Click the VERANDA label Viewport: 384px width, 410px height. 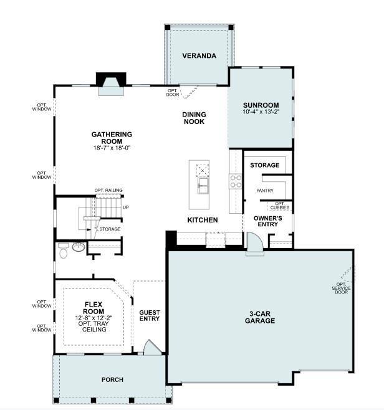(x=199, y=55)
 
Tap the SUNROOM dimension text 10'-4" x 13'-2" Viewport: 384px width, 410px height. (x=261, y=112)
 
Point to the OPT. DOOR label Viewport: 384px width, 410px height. (x=173, y=93)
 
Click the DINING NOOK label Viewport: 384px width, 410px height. (x=194, y=118)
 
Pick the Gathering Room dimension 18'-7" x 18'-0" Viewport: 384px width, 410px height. (x=112, y=148)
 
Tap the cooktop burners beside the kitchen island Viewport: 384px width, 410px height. (x=236, y=181)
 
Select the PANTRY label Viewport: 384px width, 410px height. (x=265, y=191)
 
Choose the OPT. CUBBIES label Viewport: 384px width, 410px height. (x=280, y=206)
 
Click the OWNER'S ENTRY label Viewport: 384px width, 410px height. (x=268, y=221)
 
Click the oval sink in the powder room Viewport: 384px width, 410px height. (x=79, y=247)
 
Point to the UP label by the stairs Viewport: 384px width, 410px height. (x=126, y=207)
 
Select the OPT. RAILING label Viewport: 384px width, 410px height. (x=108, y=190)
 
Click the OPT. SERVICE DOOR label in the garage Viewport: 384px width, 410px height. (x=342, y=288)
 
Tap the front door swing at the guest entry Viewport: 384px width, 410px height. (x=152, y=347)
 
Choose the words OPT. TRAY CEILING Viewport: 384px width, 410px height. (x=94, y=327)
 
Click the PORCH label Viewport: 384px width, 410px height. (x=112, y=379)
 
